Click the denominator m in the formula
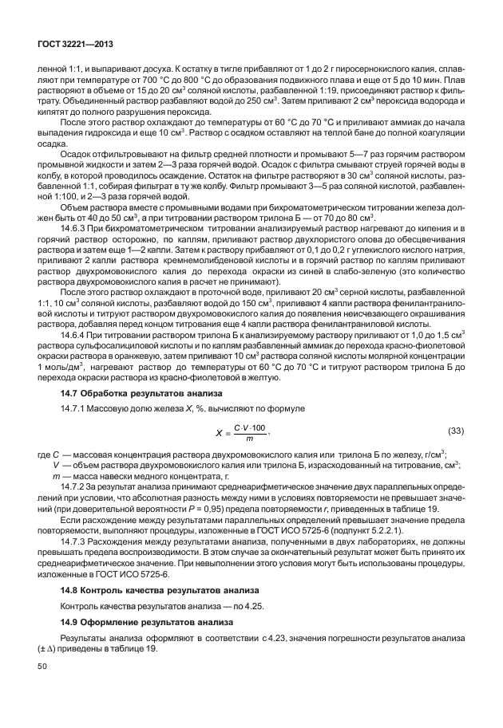click(x=250, y=439)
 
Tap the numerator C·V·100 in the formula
click(x=250, y=427)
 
